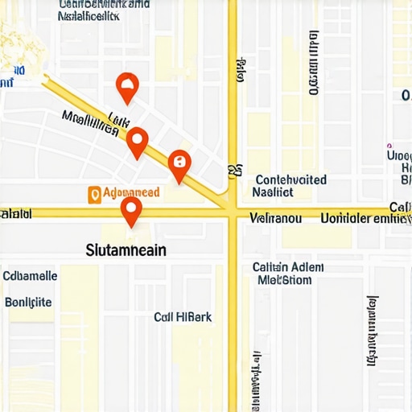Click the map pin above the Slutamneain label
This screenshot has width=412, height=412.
tap(131, 211)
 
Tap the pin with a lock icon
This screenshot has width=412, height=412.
tap(179, 166)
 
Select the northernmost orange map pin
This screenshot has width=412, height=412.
tap(127, 84)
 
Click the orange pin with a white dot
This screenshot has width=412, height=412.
tap(138, 142)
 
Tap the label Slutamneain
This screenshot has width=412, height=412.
tap(126, 250)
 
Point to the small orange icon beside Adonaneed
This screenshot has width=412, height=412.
tap(94, 194)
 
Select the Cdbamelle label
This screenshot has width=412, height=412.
tap(30, 276)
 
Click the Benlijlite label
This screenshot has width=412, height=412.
tap(29, 302)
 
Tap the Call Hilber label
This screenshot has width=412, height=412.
tap(183, 317)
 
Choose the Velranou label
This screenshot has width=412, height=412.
tap(275, 217)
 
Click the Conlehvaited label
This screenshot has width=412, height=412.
tap(290, 180)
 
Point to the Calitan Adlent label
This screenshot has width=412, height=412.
tap(287, 267)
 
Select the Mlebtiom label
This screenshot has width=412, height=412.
tap(284, 280)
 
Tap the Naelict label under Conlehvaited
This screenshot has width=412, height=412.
tap(273, 192)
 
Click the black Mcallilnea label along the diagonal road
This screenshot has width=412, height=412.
tap(95, 123)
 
